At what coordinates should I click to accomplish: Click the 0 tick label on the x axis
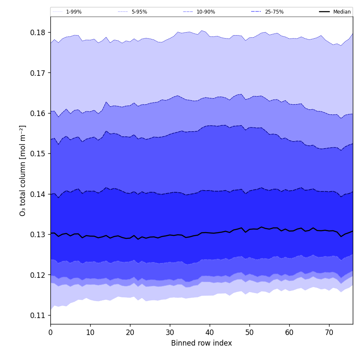click(50, 332)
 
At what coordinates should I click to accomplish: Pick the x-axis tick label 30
click(170, 332)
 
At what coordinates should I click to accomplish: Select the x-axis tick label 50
click(249, 332)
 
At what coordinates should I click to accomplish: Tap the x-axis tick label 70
click(329, 332)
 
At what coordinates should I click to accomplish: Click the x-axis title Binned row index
click(202, 343)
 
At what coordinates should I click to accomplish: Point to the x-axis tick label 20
click(130, 332)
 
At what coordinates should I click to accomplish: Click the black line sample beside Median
click(325, 12)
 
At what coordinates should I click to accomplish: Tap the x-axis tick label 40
click(210, 332)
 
